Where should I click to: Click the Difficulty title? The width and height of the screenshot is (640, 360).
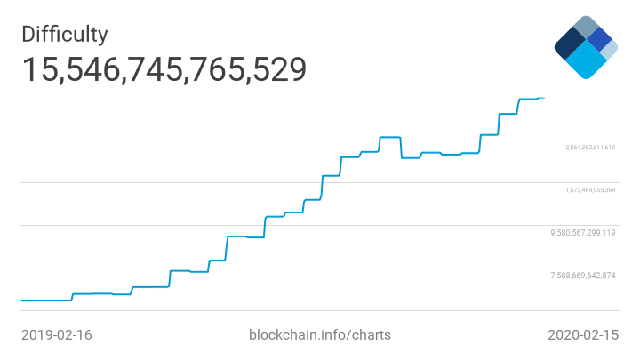pyautogui.click(x=65, y=35)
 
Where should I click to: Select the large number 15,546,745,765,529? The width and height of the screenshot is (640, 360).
pyautogui.click(x=164, y=70)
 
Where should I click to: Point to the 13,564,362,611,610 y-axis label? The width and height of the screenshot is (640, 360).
pyautogui.click(x=588, y=148)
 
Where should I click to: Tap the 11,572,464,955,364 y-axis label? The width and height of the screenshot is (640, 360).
pyautogui.click(x=588, y=190)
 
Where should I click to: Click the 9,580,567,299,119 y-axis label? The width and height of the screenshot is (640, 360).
pyautogui.click(x=583, y=233)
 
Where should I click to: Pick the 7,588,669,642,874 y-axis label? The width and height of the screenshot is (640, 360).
pyautogui.click(x=583, y=276)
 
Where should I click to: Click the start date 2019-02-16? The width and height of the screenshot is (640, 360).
pyautogui.click(x=56, y=335)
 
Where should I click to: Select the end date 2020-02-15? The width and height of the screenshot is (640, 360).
pyautogui.click(x=582, y=335)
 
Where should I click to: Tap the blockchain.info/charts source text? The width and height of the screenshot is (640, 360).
pyautogui.click(x=319, y=335)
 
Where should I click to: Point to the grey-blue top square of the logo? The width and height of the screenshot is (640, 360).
pyautogui.click(x=586, y=27)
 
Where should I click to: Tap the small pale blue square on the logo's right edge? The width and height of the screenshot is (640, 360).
pyautogui.click(x=609, y=50)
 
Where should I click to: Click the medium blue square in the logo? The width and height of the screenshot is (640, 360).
pyautogui.click(x=599, y=39)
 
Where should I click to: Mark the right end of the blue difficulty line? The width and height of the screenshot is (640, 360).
pyautogui.click(x=544, y=98)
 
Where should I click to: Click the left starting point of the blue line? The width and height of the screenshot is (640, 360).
pyautogui.click(x=22, y=300)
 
